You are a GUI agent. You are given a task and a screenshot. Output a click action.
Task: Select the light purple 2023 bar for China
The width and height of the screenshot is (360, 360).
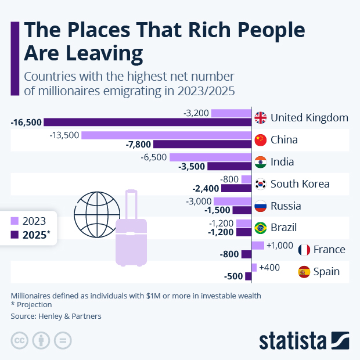click(x=166, y=135)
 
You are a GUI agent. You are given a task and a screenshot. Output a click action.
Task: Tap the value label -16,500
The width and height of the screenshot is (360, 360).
click(x=26, y=122)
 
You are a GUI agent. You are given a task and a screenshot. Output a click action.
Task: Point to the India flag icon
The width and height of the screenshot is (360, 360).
click(x=261, y=162)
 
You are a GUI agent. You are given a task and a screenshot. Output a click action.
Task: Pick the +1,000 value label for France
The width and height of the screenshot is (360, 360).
click(x=280, y=246)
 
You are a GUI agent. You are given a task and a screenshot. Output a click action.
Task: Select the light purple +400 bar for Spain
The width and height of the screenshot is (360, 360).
click(x=254, y=267)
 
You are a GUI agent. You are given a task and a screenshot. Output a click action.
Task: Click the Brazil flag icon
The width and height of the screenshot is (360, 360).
click(x=261, y=228)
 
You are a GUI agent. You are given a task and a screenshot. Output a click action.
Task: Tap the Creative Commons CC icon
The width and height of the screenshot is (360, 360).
click(x=20, y=340)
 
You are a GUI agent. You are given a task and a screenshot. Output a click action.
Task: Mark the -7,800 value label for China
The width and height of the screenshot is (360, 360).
click(x=139, y=144)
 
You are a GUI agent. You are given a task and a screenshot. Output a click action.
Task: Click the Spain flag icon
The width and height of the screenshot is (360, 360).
click(x=304, y=271)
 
